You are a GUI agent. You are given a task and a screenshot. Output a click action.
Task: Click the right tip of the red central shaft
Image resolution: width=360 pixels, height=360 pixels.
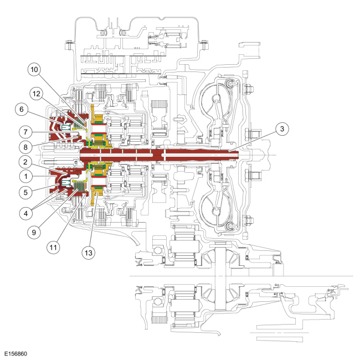click(x=237, y=152)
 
